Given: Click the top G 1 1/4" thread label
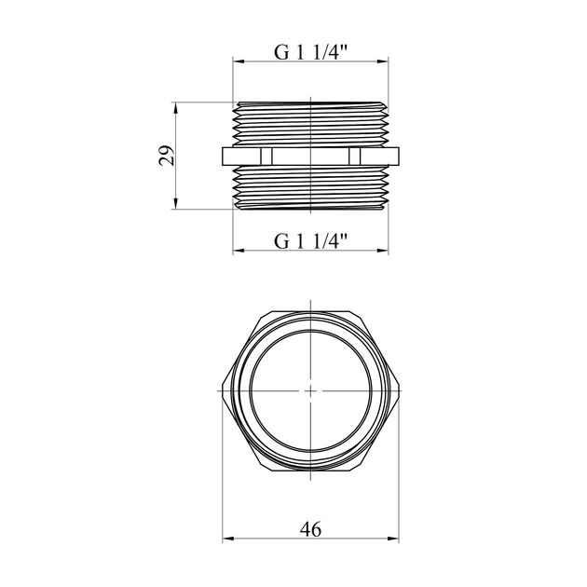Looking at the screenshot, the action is click(x=310, y=52).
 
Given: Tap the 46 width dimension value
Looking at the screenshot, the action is click(x=310, y=529).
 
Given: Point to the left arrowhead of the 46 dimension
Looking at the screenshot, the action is click(x=228, y=539).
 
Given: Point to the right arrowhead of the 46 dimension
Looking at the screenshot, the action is click(x=393, y=539).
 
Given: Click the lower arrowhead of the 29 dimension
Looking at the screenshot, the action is click(x=175, y=204).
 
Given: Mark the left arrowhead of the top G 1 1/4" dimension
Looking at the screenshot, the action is click(x=239, y=61).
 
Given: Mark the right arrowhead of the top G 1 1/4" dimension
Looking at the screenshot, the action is click(x=383, y=61).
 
